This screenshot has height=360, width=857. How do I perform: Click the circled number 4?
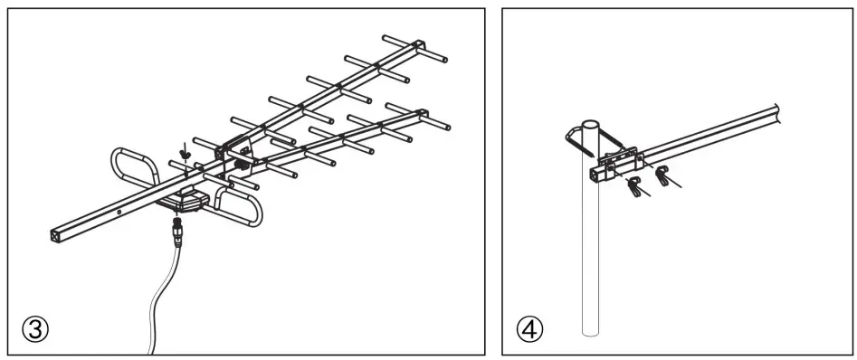529,328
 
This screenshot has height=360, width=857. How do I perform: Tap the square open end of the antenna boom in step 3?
56,234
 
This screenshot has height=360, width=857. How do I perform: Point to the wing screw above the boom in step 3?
186,153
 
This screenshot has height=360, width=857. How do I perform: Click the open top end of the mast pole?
590,122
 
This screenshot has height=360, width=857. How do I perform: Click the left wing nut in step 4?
633,188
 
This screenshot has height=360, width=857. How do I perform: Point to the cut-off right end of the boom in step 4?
777,112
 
